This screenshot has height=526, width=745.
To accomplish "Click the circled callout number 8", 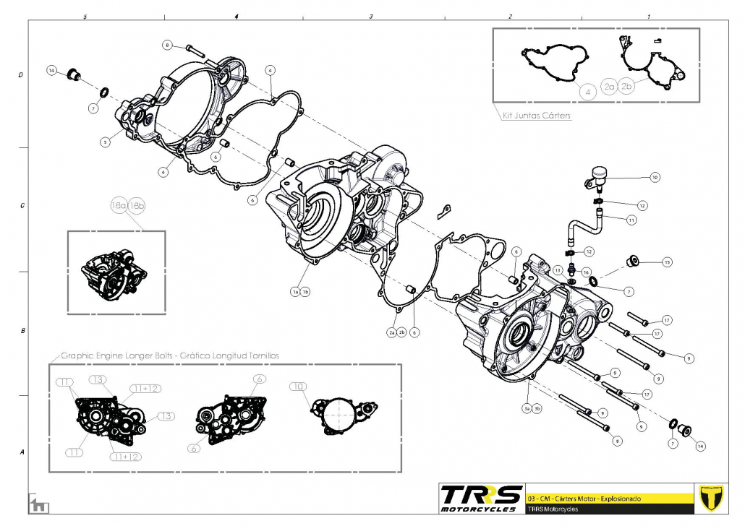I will [167, 45].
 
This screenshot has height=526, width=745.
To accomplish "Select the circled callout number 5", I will [105, 142].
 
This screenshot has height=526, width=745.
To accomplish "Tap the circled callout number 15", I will [667, 262].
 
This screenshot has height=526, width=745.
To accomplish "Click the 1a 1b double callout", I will [300, 292].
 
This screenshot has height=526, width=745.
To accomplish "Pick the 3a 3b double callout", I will [533, 408].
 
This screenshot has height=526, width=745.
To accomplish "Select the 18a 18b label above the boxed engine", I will [128, 207].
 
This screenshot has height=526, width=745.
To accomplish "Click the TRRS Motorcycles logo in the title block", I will [481, 498].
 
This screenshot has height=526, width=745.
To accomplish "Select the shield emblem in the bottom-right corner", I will [713, 498].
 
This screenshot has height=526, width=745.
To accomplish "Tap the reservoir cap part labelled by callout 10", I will [597, 173].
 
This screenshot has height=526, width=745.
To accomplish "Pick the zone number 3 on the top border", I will [370, 16].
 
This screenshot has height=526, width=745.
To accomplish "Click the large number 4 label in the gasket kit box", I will [587, 92].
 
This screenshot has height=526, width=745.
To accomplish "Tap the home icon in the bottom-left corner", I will [35, 505].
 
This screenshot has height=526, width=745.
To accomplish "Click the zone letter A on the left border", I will [21, 452].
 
